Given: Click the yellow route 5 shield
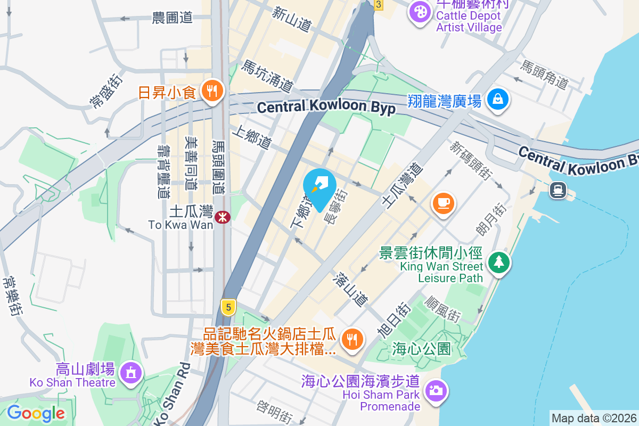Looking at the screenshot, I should [228, 307].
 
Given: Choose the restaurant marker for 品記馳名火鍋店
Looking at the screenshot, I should [351, 339].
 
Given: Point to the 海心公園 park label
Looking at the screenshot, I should [421, 349].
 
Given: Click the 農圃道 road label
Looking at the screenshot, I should [172, 18].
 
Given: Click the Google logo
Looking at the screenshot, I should [36, 413].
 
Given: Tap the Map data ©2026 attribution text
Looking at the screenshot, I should [593, 418].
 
